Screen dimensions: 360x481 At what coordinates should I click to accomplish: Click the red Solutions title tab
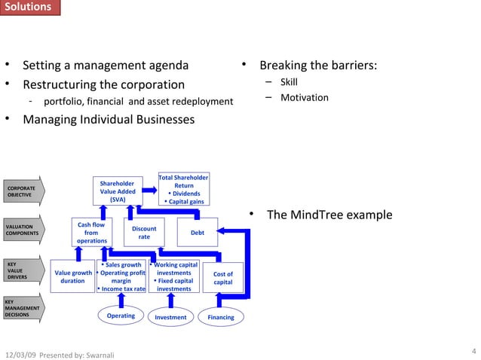(27, 8)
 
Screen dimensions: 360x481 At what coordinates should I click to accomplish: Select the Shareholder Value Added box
(118, 191)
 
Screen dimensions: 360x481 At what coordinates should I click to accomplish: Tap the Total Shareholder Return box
(183, 190)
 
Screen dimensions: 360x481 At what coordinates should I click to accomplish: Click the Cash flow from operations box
(91, 233)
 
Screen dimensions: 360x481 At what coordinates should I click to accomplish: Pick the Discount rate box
(143, 233)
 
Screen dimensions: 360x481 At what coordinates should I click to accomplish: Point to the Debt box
(197, 233)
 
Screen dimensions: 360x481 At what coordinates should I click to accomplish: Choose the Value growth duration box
(72, 277)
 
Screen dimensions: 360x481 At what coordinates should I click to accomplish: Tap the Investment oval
(170, 317)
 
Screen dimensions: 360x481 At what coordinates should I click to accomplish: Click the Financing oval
(220, 317)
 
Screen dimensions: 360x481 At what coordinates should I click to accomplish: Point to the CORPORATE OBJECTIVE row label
(22, 191)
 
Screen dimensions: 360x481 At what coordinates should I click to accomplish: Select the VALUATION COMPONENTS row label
(23, 230)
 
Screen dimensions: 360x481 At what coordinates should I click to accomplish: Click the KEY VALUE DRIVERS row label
(18, 271)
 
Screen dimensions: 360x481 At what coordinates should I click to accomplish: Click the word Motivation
(304, 97)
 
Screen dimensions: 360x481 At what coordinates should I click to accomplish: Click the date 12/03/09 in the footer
(20, 354)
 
